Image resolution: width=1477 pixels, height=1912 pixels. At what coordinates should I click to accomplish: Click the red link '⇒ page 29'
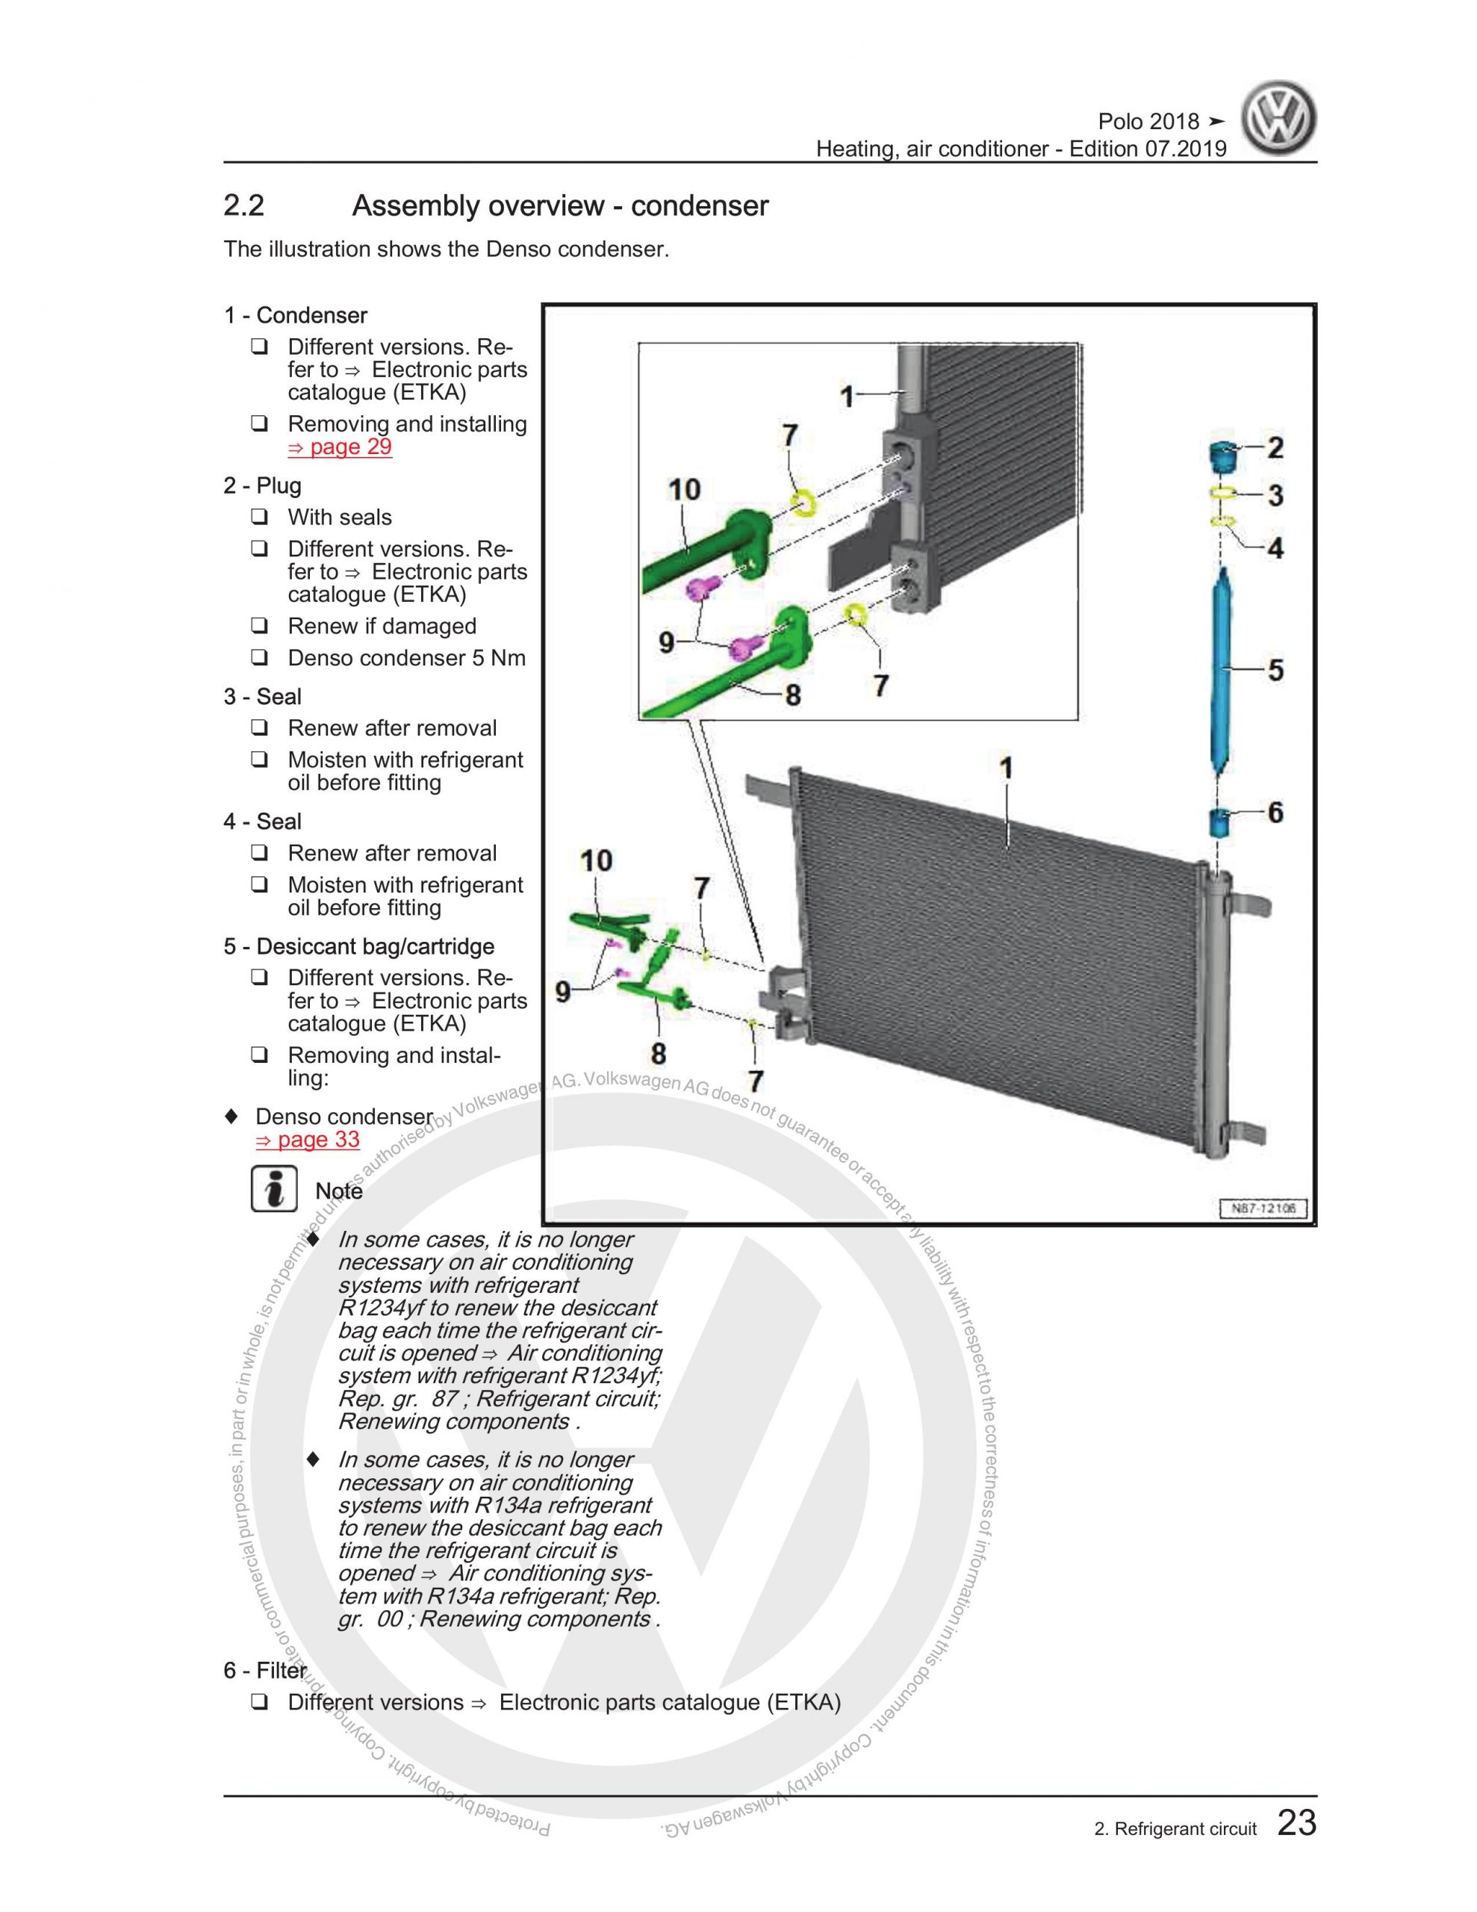pyautogui.click(x=339, y=447)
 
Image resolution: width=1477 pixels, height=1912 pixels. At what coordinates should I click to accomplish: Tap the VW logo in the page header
pyautogui.click(x=1278, y=121)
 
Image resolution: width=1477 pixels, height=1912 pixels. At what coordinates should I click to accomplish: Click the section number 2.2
pyautogui.click(x=243, y=207)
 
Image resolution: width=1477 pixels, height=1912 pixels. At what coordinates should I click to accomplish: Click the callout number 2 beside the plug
pyautogui.click(x=1275, y=447)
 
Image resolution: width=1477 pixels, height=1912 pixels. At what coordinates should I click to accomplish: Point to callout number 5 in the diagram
pyautogui.click(x=1275, y=670)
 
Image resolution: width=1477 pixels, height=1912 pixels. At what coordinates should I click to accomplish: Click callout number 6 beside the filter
pyautogui.click(x=1275, y=813)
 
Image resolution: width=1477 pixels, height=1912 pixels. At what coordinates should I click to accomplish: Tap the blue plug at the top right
pyautogui.click(x=1223, y=454)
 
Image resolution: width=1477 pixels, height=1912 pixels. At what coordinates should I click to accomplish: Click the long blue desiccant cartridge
pyautogui.click(x=1222, y=670)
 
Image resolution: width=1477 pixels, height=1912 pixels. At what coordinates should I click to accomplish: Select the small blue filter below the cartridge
pyautogui.click(x=1219, y=822)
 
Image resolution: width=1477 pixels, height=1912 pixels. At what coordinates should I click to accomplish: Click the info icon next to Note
pyautogui.click(x=274, y=1190)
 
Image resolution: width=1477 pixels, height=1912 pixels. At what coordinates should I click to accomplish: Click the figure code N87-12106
pyautogui.click(x=1263, y=1209)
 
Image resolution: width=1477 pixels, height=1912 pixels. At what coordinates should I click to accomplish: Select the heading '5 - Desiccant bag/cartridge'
pyautogui.click(x=358, y=946)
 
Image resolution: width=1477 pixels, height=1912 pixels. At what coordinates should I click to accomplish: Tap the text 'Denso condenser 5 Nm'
pyautogui.click(x=406, y=658)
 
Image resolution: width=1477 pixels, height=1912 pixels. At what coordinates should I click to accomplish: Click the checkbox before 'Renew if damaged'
pyautogui.click(x=259, y=626)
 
